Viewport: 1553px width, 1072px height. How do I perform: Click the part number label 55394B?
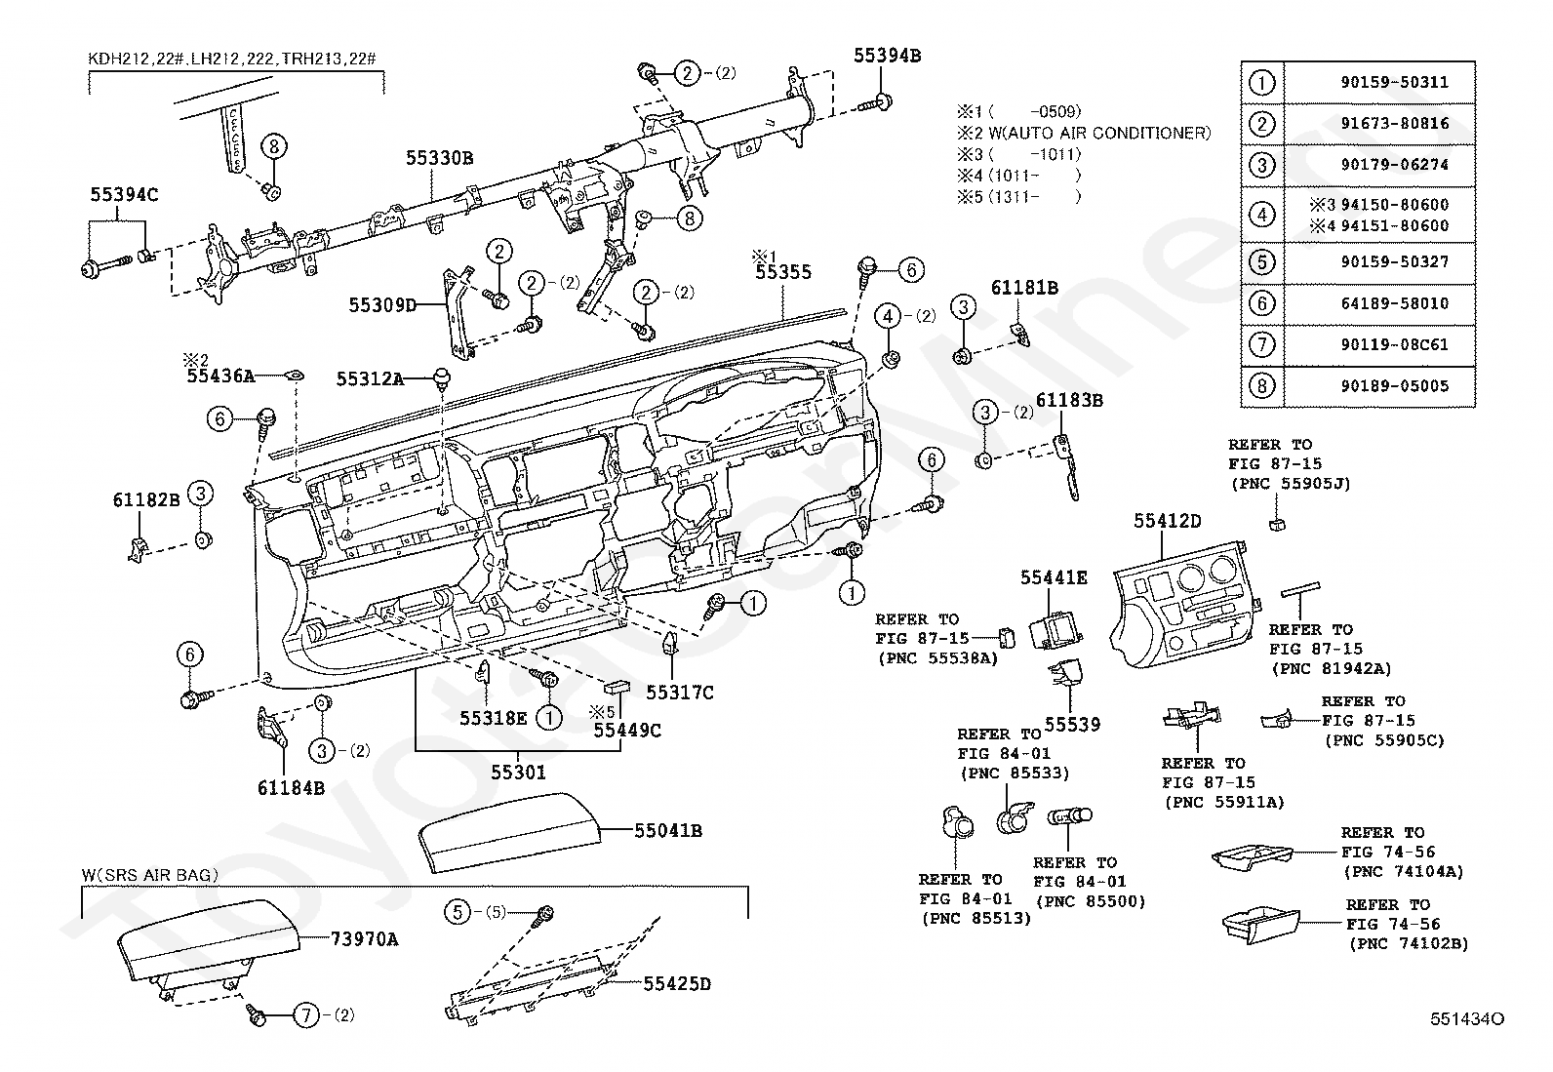[x=887, y=56]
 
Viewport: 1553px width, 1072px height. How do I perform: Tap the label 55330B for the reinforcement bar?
[x=440, y=158]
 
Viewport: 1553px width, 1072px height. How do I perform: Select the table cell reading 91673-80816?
[x=1394, y=124]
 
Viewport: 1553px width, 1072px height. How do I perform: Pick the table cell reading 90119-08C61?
[x=1394, y=344]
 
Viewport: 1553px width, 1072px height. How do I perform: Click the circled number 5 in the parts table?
[x=1262, y=262]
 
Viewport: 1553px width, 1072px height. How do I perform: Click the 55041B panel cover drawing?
[x=509, y=831]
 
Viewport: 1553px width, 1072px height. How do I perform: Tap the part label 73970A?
[x=364, y=939]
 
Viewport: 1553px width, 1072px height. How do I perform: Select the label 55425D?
[x=677, y=984]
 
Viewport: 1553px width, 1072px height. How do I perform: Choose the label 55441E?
[x=1054, y=576]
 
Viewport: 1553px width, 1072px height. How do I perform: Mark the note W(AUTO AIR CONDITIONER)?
[x=1099, y=133]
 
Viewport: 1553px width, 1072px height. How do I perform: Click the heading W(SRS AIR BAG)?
[x=150, y=875]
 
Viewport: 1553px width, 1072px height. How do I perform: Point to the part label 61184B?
[x=291, y=788]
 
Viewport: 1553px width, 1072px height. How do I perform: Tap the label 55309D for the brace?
[x=382, y=305]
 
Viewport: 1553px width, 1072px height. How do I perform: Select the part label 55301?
[x=518, y=772]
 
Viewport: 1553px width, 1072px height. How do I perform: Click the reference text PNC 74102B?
[x=1409, y=943]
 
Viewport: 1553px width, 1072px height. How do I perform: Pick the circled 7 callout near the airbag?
[x=306, y=1015]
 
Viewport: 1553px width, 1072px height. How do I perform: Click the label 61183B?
[x=1069, y=400]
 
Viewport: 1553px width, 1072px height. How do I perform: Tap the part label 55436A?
[x=220, y=376]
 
